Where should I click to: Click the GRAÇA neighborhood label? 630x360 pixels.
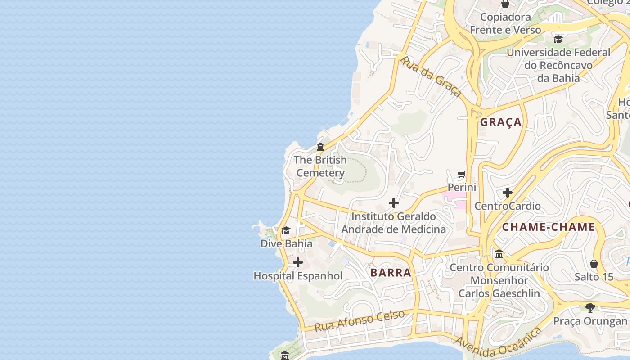(x=500, y=122)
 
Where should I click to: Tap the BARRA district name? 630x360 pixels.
(x=391, y=272)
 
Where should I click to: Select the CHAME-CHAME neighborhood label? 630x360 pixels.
(x=548, y=227)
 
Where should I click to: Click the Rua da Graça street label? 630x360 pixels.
(x=431, y=76)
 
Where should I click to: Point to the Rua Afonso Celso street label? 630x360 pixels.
(x=360, y=321)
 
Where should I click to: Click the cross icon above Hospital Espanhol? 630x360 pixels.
(x=298, y=262)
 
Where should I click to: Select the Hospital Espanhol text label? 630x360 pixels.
(x=298, y=276)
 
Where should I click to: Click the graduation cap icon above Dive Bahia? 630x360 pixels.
(x=286, y=231)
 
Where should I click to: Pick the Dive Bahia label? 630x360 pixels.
(x=286, y=243)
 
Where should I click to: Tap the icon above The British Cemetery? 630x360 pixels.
(x=320, y=146)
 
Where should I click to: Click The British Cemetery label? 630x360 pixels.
(x=320, y=166)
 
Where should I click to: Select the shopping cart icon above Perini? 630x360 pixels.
(x=462, y=174)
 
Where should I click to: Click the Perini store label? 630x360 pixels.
(x=462, y=187)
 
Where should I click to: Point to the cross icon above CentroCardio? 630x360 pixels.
(x=508, y=193)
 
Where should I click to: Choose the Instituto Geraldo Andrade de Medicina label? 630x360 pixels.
(x=394, y=223)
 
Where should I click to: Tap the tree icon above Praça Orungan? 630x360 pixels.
(x=590, y=308)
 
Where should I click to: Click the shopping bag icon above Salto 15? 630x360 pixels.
(x=594, y=263)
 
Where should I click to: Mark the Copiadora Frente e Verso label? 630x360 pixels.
(x=505, y=23)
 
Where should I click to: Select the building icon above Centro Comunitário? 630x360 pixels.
(x=499, y=254)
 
